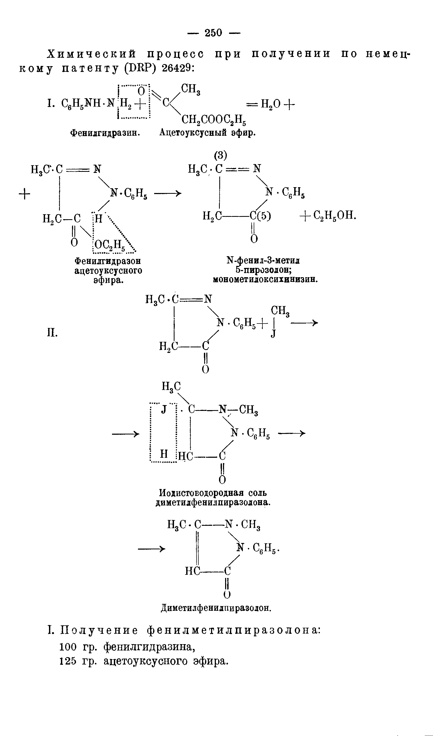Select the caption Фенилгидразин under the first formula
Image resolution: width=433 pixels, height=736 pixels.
click(x=105, y=133)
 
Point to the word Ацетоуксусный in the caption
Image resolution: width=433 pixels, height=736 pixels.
click(x=193, y=133)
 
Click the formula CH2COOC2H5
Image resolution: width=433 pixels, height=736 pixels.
click(x=213, y=119)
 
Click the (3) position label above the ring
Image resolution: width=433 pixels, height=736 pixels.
click(x=220, y=155)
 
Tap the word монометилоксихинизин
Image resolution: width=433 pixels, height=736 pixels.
click(x=265, y=280)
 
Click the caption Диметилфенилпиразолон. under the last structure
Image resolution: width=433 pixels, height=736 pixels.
click(x=216, y=608)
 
